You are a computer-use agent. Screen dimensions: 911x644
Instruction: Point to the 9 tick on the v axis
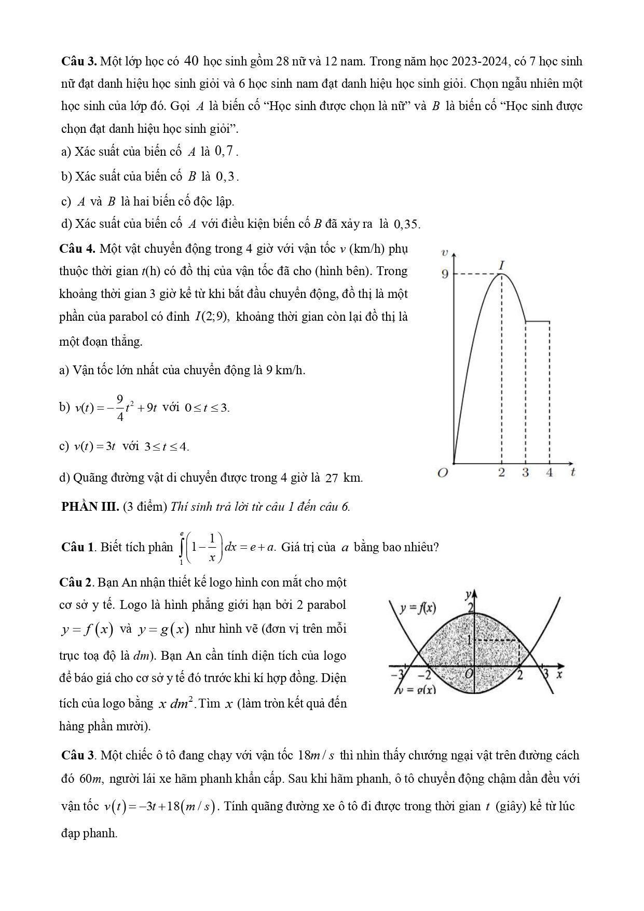445,274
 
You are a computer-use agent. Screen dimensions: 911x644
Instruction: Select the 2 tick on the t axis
501,472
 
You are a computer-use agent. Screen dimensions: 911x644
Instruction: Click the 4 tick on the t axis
550,472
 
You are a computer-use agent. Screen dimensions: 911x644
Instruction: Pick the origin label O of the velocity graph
442,473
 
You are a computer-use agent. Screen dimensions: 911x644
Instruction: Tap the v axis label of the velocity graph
444,253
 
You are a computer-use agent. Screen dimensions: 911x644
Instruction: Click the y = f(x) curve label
417,608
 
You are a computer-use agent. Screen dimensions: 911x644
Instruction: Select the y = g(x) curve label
416,690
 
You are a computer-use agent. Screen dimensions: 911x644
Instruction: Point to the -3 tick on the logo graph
396,675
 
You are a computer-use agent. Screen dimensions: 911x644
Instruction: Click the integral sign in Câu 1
182,547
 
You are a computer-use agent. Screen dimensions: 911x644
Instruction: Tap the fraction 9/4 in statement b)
120,407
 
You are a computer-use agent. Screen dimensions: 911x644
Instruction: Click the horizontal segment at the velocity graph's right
538,321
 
